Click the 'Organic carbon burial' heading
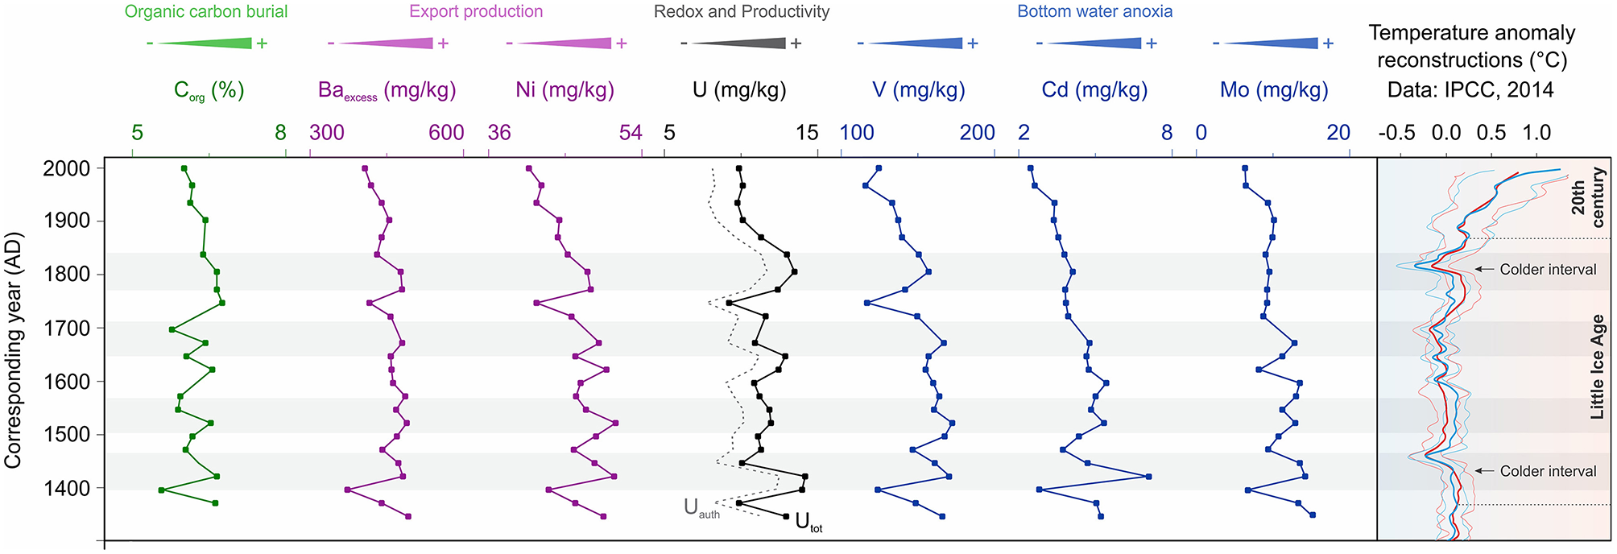click(x=206, y=12)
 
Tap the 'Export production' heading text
click(x=476, y=12)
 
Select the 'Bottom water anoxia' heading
click(x=1094, y=12)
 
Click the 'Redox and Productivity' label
click(x=742, y=12)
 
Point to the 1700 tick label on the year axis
click(x=71, y=329)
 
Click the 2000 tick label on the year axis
click(x=71, y=169)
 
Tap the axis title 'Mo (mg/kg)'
click(x=1273, y=90)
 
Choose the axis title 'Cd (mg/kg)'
click(x=1094, y=90)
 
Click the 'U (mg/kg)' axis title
click(x=739, y=90)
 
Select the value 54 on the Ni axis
click(x=631, y=133)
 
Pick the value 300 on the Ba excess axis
click(x=327, y=133)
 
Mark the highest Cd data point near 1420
click(x=1148, y=477)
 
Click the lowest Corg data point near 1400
click(x=162, y=490)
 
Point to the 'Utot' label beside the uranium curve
click(x=808, y=523)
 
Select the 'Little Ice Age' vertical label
click(x=1597, y=366)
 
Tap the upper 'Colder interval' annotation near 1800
click(x=1547, y=270)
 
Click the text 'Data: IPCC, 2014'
click(x=1470, y=90)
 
